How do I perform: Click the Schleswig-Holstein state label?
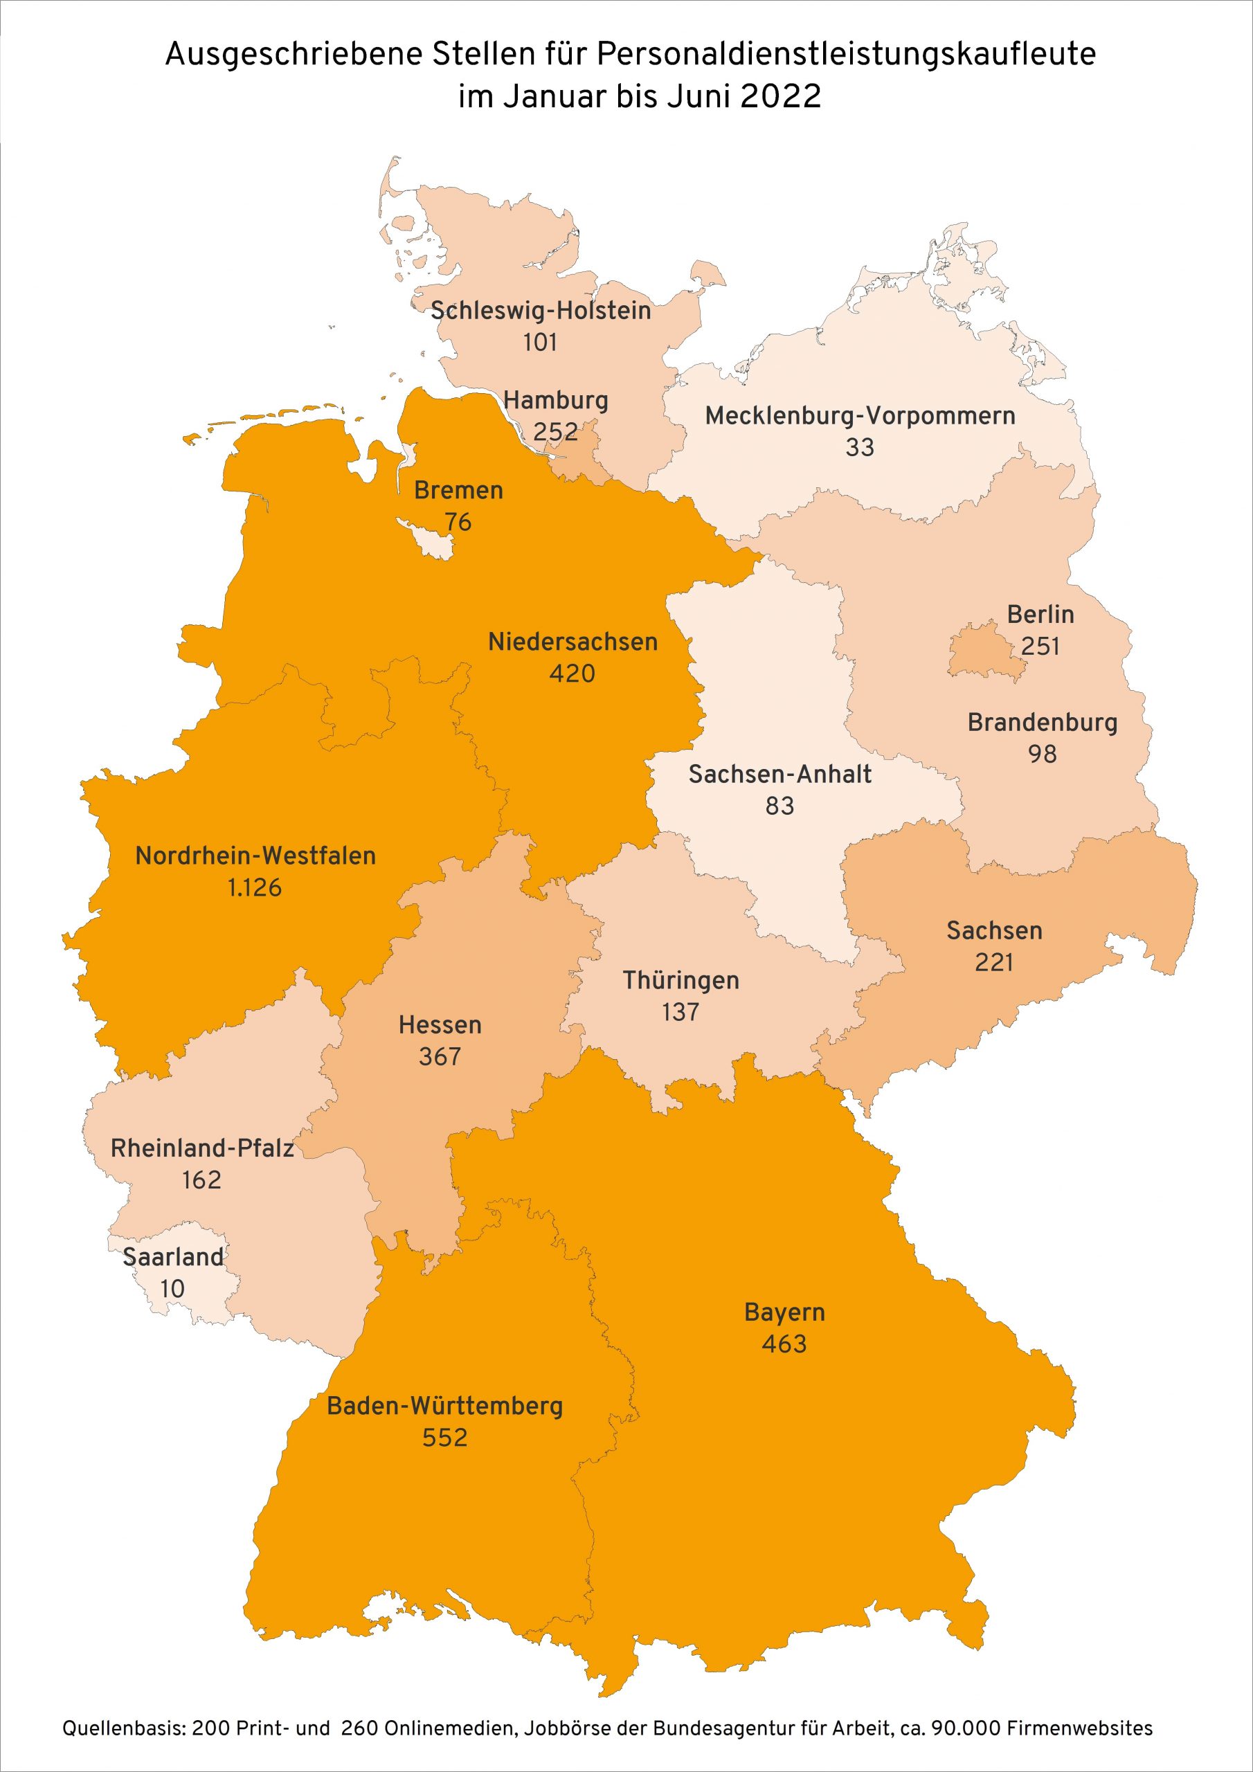[541, 310]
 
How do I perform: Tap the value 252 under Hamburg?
[555, 431]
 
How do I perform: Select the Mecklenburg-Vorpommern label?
[859, 416]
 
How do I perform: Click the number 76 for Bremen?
[458, 522]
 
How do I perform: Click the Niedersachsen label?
[572, 642]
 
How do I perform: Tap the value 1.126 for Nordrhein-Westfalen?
[254, 887]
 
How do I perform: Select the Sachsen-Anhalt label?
[779, 774]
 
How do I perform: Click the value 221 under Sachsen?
[993, 962]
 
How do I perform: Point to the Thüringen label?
[680, 980]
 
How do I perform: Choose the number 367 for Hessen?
[440, 1056]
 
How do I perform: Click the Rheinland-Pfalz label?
[201, 1148]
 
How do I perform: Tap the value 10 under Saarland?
[172, 1288]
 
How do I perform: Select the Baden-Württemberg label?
[444, 1405]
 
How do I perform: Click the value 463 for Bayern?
[784, 1344]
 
